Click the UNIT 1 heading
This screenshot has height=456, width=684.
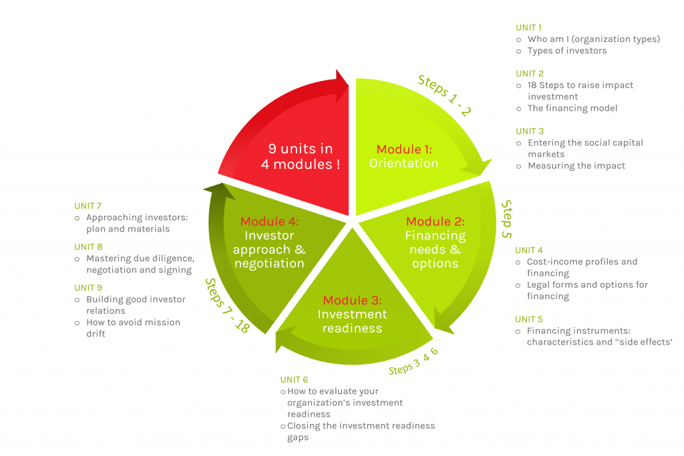tap(528, 27)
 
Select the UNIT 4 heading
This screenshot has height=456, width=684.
tap(529, 250)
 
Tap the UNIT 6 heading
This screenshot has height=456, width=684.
tap(294, 380)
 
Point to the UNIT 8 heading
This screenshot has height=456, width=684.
tap(88, 247)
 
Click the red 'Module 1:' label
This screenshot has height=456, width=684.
tap(404, 150)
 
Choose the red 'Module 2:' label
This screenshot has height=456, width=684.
tap(436, 222)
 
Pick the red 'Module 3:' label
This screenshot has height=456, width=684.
tap(353, 300)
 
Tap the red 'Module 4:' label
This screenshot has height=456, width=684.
tap(270, 222)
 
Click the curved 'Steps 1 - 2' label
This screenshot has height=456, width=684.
tap(444, 95)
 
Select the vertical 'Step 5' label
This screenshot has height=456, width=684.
tap(506, 219)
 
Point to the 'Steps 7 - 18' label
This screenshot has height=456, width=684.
tap(227, 306)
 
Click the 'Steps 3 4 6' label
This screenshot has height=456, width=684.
tap(413, 361)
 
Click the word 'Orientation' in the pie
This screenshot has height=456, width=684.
tap(404, 164)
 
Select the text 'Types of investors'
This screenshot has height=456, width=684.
tap(567, 51)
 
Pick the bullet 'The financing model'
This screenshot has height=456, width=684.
tap(572, 108)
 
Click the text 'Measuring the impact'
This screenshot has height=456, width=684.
tap(576, 166)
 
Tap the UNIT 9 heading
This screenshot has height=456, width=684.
tap(88, 288)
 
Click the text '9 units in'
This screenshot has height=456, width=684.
tap(301, 149)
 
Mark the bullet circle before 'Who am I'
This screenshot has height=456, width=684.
tap(518, 39)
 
